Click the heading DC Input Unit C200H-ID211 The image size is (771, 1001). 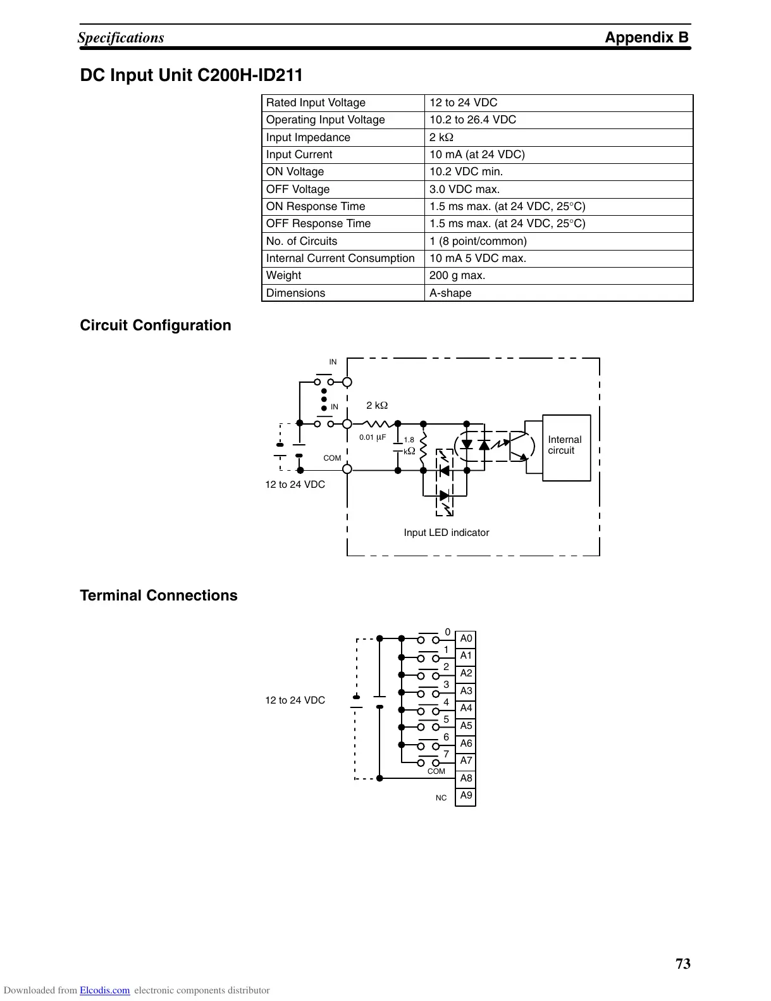pos(191,76)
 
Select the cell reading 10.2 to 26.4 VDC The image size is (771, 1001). pos(472,120)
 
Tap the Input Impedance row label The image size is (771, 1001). pos(308,137)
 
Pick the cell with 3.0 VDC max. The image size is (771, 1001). pos(464,189)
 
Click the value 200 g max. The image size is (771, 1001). pos(457,275)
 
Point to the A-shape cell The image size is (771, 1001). pos(450,293)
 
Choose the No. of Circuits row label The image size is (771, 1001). pos(302,241)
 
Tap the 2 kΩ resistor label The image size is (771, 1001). pos(377,406)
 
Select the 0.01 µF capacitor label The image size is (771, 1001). pos(373,437)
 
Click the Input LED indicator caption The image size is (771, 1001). pos(446,533)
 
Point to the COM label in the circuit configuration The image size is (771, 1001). pos(332,458)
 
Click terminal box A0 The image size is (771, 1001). pos(466,638)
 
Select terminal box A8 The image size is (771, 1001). pos(466,778)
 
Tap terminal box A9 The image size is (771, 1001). pos(466,796)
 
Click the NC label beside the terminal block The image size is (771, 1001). pos(441,799)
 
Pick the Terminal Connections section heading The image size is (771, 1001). pos(159,595)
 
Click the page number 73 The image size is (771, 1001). pos(683,964)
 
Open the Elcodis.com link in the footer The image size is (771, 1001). pos(104,991)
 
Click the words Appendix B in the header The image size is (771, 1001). pos(646,37)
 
